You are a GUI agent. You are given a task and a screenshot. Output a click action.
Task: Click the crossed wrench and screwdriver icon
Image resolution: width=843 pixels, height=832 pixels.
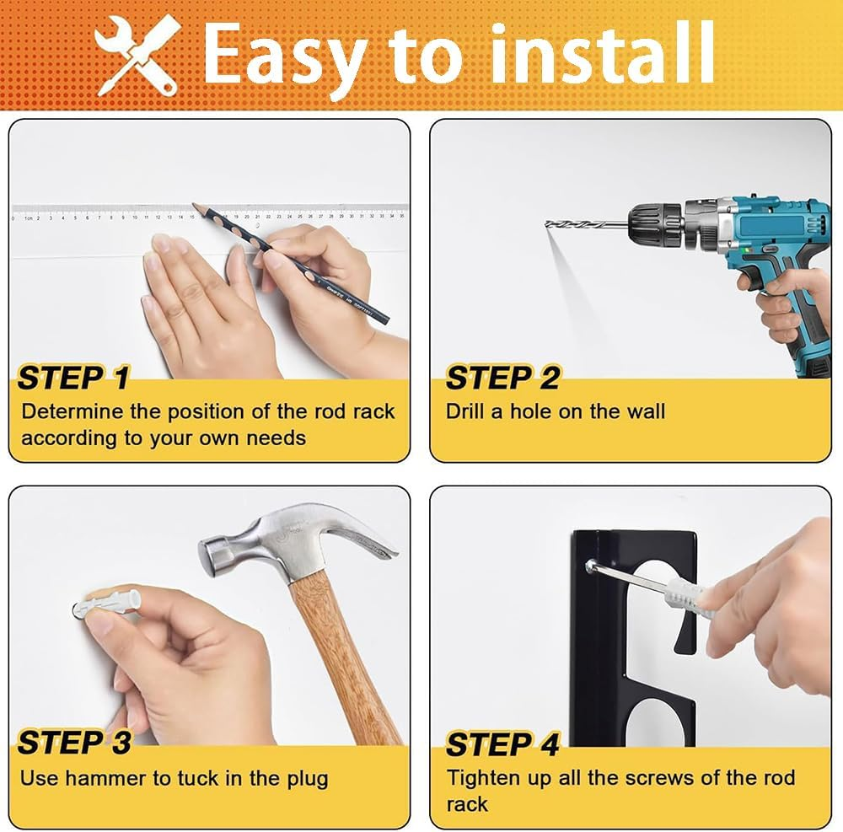pyautogui.click(x=137, y=55)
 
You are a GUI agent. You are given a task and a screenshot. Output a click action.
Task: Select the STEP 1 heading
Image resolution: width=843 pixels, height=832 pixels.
pyautogui.click(x=73, y=378)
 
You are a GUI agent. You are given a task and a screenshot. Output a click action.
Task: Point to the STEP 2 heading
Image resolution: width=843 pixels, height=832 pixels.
pyautogui.click(x=502, y=378)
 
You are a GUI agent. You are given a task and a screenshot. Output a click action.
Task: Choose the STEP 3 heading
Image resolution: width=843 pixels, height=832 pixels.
pyautogui.click(x=74, y=743)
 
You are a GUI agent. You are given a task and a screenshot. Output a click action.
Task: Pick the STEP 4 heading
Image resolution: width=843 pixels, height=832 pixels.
pyautogui.click(x=502, y=745)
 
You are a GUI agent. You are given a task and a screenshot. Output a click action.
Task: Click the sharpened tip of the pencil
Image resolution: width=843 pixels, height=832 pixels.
pyautogui.click(x=194, y=205)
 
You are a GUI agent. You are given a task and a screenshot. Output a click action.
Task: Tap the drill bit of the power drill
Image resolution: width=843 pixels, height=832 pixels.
pyautogui.click(x=587, y=224)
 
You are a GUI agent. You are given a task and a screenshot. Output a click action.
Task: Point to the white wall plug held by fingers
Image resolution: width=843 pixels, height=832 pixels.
pyautogui.click(x=108, y=604)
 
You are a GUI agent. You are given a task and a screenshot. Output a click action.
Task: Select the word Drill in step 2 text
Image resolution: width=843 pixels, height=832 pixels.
pyautogui.click(x=465, y=411)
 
